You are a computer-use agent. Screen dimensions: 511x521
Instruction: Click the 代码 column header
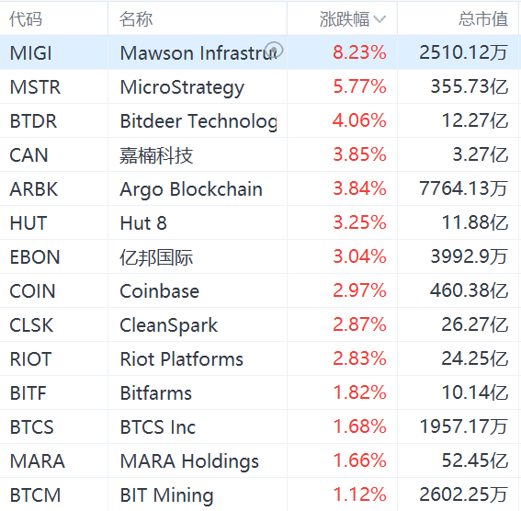[x=27, y=18]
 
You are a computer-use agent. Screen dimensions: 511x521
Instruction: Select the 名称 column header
[x=136, y=18]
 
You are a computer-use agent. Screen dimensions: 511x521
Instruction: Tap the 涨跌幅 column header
[x=345, y=18]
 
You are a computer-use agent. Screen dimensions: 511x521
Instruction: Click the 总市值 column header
[x=482, y=18]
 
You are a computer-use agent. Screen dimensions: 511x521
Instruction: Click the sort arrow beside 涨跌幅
[x=379, y=19]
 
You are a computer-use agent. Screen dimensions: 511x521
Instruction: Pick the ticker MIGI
[x=31, y=53]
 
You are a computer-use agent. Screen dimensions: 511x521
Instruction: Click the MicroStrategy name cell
[x=182, y=87]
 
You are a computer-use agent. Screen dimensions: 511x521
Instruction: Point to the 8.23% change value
[x=359, y=53]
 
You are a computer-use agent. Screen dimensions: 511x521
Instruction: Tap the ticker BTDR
[x=33, y=121]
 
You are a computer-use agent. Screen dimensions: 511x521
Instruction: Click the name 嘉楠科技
[x=156, y=155]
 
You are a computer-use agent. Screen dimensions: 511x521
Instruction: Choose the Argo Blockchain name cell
[x=191, y=189]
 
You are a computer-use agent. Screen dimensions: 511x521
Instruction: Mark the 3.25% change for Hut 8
[x=359, y=223]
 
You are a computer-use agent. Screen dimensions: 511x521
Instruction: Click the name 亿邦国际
[x=156, y=257]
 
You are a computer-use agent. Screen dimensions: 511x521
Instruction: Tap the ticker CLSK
[x=31, y=325]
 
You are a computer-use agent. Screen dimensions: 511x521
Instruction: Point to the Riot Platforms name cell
[x=181, y=359]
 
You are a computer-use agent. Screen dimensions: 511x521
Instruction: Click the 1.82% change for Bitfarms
[x=359, y=393]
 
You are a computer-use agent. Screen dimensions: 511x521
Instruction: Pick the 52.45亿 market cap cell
[x=473, y=461]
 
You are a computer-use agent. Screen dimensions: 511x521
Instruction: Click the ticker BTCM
[x=35, y=495]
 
